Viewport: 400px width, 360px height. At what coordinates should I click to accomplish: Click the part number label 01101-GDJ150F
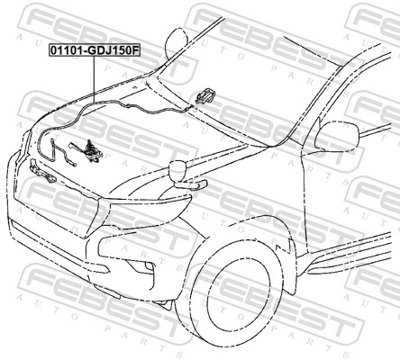point(95,50)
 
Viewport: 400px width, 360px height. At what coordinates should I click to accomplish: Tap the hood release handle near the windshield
point(205,95)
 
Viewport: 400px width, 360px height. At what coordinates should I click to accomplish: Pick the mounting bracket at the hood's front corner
point(42,171)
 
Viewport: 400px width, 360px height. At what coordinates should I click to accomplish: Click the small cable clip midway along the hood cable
point(127,105)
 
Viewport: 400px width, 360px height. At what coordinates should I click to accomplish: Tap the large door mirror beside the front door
point(337,136)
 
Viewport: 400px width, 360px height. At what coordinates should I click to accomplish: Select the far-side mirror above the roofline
point(177,40)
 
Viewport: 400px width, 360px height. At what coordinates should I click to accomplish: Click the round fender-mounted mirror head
point(177,169)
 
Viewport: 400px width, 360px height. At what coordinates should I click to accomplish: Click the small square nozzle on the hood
point(135,88)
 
